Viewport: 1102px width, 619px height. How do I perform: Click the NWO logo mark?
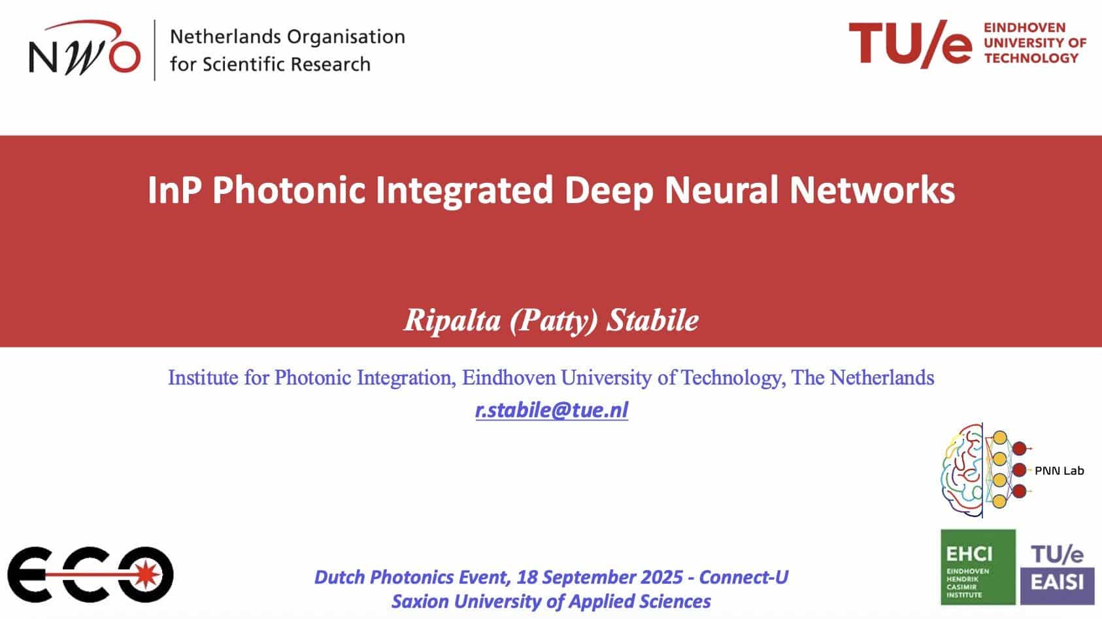[84, 48]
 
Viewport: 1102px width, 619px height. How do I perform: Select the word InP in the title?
[175, 189]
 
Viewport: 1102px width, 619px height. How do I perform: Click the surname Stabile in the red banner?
[652, 321]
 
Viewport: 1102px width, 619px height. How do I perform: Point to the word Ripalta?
[452, 321]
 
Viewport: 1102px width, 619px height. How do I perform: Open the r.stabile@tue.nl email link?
[552, 410]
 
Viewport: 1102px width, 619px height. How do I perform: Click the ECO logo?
[90, 575]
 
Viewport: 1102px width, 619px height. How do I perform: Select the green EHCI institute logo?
[978, 567]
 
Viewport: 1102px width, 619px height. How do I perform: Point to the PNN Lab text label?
[1060, 471]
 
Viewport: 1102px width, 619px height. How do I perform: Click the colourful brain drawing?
[961, 470]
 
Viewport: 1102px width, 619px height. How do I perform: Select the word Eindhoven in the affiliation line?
[509, 378]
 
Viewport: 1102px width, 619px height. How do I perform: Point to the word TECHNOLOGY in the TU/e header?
[1031, 58]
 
